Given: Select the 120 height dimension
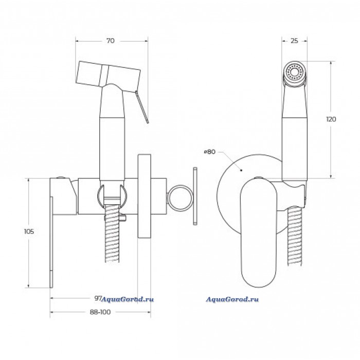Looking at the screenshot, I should [331, 119].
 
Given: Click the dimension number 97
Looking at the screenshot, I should [97, 298].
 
